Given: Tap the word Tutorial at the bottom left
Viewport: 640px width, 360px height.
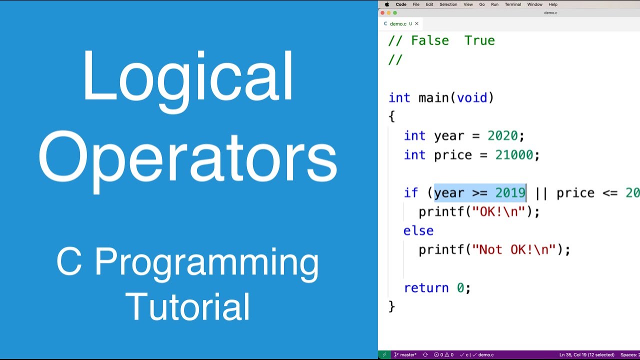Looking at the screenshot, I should point(187,306).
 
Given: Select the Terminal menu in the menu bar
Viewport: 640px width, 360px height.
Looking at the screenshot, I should point(512,4).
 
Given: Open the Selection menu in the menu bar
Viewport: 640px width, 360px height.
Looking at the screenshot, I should point(448,4).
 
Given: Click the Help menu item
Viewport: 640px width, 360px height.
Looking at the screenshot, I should point(553,4).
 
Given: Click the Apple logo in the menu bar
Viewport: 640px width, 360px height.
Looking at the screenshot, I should point(386,4).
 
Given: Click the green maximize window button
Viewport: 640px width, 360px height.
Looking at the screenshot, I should point(395,13).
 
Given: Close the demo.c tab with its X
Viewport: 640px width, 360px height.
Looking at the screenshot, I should point(416,23).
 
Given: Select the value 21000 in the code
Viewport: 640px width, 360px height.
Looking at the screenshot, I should point(514,155).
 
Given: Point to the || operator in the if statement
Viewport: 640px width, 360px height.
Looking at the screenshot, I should point(541,193).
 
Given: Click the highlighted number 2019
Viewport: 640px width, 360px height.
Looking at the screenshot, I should point(510,193).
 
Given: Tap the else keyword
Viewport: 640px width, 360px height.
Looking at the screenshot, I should point(418,230).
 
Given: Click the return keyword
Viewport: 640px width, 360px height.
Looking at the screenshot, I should point(426,288).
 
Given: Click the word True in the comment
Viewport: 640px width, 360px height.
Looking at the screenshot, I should point(479,41).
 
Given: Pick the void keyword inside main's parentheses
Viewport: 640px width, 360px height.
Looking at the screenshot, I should point(471,98).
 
